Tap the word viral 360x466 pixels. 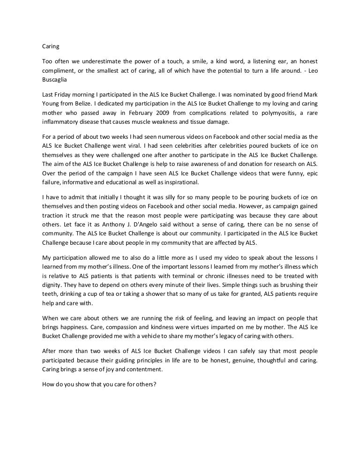tap(135, 145)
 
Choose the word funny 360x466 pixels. tap(293, 173)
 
